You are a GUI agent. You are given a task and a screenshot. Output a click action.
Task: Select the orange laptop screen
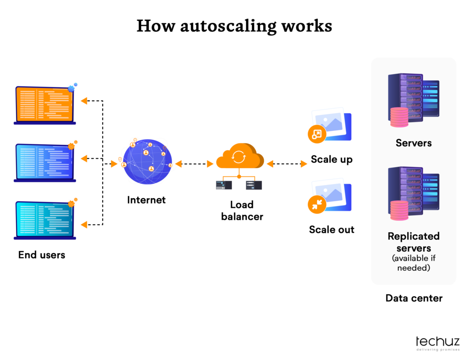point(44,104)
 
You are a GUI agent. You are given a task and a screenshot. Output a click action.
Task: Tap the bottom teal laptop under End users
point(44,219)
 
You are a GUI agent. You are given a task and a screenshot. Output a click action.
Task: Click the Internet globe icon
point(146,162)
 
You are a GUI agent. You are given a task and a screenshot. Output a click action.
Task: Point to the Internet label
point(146,200)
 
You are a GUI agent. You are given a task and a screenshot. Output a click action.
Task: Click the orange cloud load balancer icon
point(239,157)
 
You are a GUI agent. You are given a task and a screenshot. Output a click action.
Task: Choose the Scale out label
point(332,229)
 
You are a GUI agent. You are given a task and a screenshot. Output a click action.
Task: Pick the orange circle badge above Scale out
point(317,205)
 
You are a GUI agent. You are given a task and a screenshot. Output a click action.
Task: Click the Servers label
point(414,143)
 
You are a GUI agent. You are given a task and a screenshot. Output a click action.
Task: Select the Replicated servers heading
point(414,242)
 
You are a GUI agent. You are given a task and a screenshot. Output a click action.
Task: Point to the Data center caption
point(414,298)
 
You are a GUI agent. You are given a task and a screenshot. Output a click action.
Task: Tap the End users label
point(42,255)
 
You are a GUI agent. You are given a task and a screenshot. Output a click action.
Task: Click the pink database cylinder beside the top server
point(399,117)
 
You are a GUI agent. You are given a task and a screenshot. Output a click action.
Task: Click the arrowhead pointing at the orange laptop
point(84,101)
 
